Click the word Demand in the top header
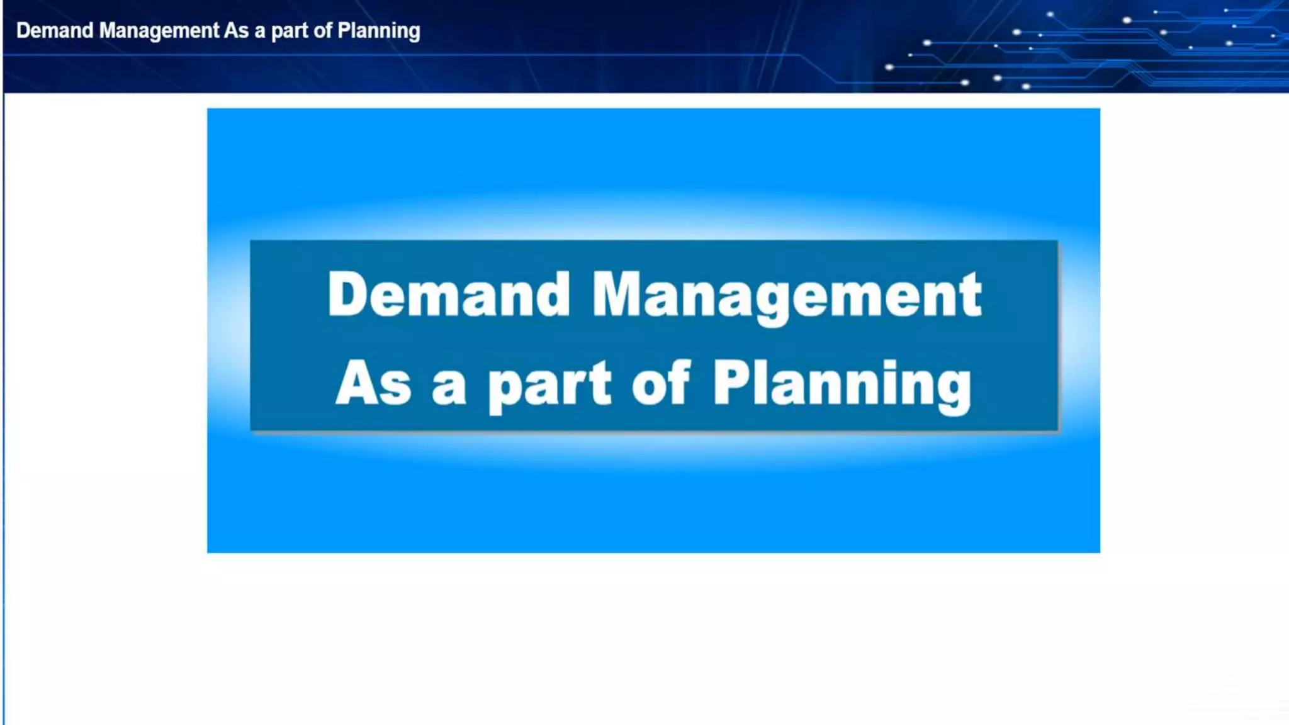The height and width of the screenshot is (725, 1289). [x=55, y=30]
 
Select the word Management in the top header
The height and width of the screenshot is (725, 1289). [x=159, y=31]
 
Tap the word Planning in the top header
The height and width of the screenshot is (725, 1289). [x=379, y=31]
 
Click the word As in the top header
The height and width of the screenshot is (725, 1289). [x=237, y=30]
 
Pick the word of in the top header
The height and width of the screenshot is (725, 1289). [x=322, y=30]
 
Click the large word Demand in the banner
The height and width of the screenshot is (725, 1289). [x=449, y=294]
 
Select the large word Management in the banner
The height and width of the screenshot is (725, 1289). [x=787, y=295]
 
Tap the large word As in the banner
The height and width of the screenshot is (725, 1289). [x=373, y=383]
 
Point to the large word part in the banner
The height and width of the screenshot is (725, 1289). [x=549, y=385]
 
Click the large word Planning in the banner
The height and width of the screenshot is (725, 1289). [x=842, y=385]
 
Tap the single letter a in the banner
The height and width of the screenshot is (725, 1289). [x=449, y=388]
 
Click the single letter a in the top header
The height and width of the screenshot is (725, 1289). [x=259, y=31]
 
